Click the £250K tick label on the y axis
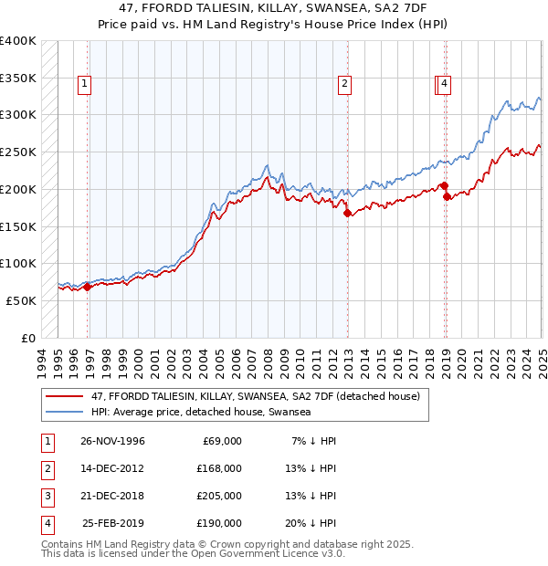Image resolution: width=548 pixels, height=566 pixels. click(x=17, y=152)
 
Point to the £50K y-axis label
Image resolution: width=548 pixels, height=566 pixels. click(x=21, y=300)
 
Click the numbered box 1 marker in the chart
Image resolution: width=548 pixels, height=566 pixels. click(x=84, y=85)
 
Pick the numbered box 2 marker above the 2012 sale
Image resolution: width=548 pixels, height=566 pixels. click(x=344, y=85)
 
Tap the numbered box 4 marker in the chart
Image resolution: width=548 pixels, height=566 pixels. click(x=444, y=85)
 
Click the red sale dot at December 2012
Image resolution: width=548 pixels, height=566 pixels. click(x=348, y=214)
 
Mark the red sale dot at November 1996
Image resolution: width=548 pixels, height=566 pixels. click(x=88, y=287)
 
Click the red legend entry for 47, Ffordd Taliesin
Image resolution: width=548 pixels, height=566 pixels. click(x=255, y=396)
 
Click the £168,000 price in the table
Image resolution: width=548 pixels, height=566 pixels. click(x=219, y=468)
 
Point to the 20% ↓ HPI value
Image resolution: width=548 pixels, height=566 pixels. click(x=311, y=523)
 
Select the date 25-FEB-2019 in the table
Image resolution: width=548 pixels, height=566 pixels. click(x=112, y=523)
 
